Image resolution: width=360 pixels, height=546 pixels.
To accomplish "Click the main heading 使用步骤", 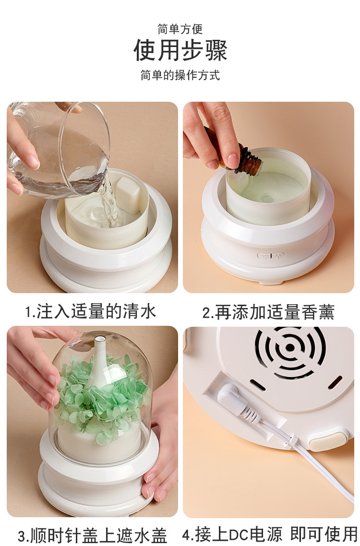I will click(x=180, y=50).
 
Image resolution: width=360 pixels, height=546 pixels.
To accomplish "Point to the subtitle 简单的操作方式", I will click(x=180, y=75).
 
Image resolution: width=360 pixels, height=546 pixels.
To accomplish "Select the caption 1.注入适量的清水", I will click(x=91, y=311).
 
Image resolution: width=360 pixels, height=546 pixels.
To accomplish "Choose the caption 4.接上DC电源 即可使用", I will click(x=270, y=534).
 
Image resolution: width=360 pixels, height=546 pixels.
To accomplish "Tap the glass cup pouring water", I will click(x=62, y=149).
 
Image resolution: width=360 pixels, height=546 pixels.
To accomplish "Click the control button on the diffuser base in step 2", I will click(x=271, y=256).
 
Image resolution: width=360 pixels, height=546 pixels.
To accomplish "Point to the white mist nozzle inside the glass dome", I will click(x=100, y=360).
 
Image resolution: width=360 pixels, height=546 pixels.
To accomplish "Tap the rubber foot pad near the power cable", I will click(x=328, y=440).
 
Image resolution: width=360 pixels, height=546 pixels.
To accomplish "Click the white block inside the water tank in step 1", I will click(x=128, y=194).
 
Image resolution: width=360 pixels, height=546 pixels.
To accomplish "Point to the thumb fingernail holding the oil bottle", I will click(x=232, y=160).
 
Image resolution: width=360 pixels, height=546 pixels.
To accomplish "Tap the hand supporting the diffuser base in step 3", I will click(x=161, y=461).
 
